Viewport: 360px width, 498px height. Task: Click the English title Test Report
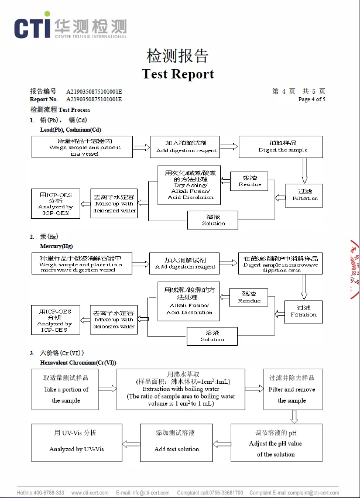click(178, 74)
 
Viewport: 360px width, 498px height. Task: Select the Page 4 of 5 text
click(311, 99)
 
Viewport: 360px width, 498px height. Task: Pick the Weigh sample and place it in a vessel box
click(82, 147)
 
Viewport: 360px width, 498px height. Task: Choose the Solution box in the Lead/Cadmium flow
click(213, 220)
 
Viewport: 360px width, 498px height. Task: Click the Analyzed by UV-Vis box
click(77, 442)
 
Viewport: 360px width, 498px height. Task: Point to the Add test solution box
click(176, 442)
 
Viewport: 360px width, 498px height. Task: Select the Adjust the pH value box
click(276, 443)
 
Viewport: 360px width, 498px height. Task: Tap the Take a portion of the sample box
click(66, 389)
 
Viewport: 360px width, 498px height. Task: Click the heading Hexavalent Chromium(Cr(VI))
click(78, 363)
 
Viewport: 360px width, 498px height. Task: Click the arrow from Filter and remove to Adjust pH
click(294, 416)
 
